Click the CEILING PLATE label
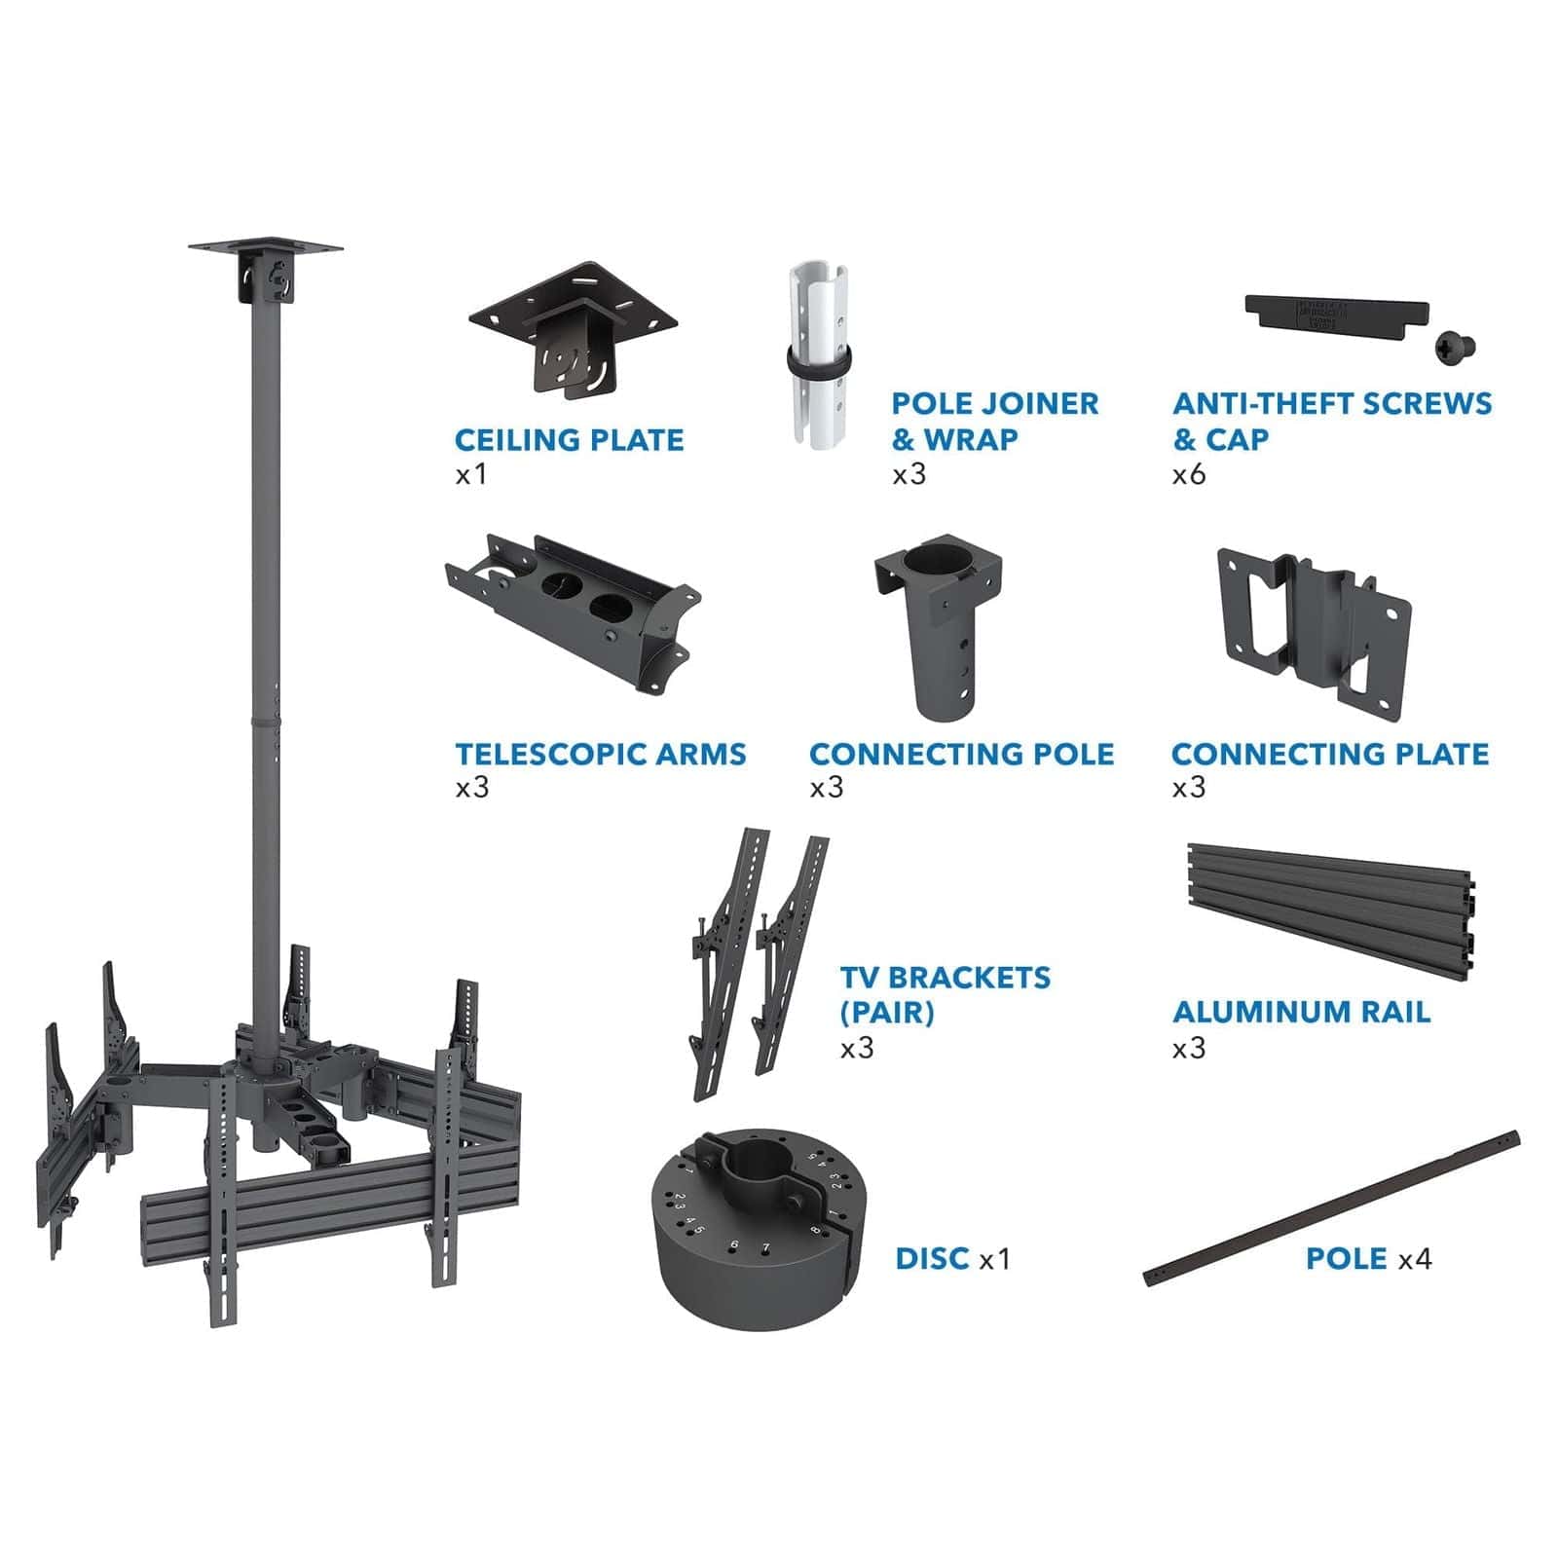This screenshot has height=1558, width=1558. (569, 440)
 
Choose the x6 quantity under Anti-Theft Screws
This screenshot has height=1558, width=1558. (1189, 474)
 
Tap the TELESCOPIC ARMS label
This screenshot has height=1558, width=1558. (601, 754)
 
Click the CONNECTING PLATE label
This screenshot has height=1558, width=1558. (1329, 754)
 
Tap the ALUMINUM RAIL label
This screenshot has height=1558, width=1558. (1301, 1012)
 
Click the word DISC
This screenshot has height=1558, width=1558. (932, 1258)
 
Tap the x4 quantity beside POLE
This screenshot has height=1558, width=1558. (1415, 1258)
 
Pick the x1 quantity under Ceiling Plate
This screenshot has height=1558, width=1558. (470, 475)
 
